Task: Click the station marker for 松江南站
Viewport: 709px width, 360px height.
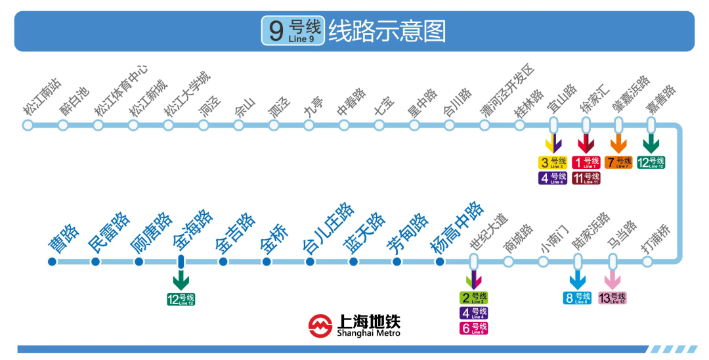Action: [28, 125]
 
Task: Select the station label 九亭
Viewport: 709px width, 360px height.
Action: [313, 106]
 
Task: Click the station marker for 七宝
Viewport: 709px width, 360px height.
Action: [379, 125]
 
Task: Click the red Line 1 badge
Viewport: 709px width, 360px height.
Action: [586, 162]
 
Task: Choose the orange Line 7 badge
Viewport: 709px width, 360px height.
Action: [619, 162]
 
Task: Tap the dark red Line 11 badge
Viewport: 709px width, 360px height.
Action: [586, 177]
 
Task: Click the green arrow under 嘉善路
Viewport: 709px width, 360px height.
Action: [651, 144]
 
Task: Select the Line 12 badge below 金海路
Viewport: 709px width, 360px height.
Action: [181, 300]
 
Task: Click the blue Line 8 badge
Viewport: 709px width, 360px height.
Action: [578, 298]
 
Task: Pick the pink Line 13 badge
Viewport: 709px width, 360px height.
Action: [612, 298]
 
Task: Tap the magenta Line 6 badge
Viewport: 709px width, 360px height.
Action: [473, 328]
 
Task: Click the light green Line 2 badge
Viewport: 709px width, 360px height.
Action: [473, 298]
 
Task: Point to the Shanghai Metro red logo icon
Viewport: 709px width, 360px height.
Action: [320, 325]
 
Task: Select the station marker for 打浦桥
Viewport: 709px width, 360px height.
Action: [647, 262]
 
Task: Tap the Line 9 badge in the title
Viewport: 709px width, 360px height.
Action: [293, 31]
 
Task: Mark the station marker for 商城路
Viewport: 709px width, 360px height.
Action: [508, 262]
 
